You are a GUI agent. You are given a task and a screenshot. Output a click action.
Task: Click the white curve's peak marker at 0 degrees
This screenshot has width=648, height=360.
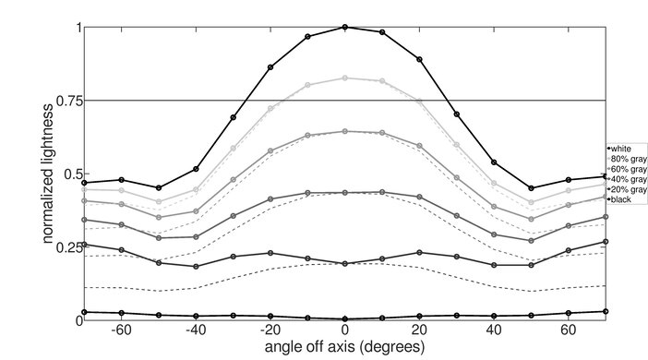345,27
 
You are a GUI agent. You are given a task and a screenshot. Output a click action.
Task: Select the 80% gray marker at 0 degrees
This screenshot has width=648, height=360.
345,78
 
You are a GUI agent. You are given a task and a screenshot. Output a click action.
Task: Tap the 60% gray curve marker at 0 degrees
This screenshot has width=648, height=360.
345,131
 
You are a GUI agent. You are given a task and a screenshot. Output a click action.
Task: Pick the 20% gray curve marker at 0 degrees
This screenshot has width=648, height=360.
345,264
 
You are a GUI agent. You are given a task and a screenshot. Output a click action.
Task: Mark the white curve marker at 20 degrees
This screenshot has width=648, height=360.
420,59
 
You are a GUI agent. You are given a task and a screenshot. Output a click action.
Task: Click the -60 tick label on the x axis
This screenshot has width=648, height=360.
119,330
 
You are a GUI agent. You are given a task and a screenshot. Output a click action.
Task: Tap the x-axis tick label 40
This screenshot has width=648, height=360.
495,330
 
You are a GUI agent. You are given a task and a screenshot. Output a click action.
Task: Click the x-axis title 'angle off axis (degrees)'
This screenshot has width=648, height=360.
345,346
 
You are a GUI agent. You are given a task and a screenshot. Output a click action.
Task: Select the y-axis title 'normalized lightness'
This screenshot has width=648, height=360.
45,174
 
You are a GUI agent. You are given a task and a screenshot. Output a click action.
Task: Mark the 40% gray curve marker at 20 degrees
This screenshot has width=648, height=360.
420,198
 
